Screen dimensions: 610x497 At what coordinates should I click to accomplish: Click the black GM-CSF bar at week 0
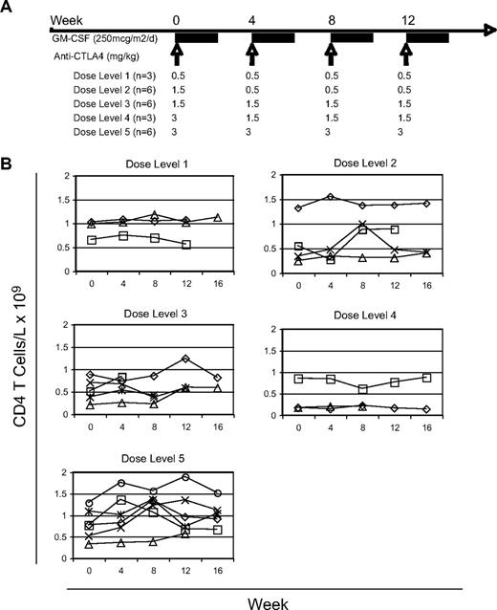pos(196,37)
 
